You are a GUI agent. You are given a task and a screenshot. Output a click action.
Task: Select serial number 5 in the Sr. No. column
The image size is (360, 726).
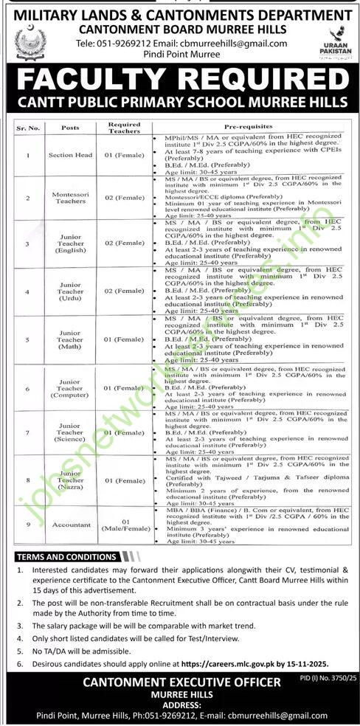tap(28, 339)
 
